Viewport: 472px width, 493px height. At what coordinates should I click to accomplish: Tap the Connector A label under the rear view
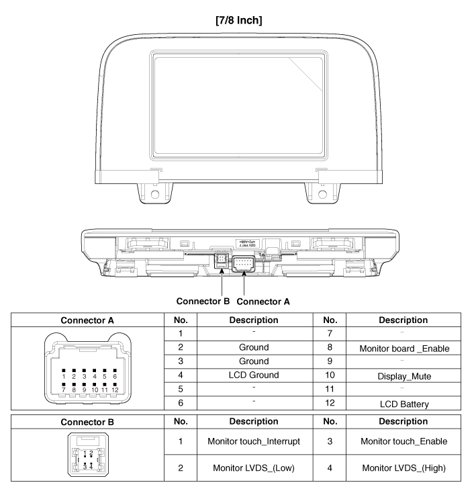[264, 302]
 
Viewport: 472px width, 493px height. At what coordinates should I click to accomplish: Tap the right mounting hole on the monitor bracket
[321, 195]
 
